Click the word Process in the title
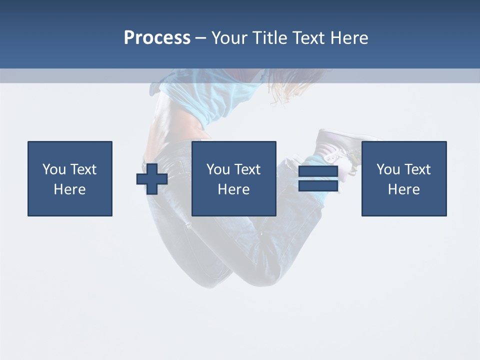click(x=157, y=38)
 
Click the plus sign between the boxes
click(x=152, y=179)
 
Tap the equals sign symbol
click(x=318, y=179)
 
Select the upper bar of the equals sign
click(x=318, y=171)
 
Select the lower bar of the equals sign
click(x=318, y=186)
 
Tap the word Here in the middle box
click(x=234, y=189)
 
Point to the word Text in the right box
click(x=417, y=169)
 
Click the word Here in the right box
click(x=404, y=189)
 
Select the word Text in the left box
click(x=83, y=169)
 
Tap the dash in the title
click(x=200, y=38)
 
